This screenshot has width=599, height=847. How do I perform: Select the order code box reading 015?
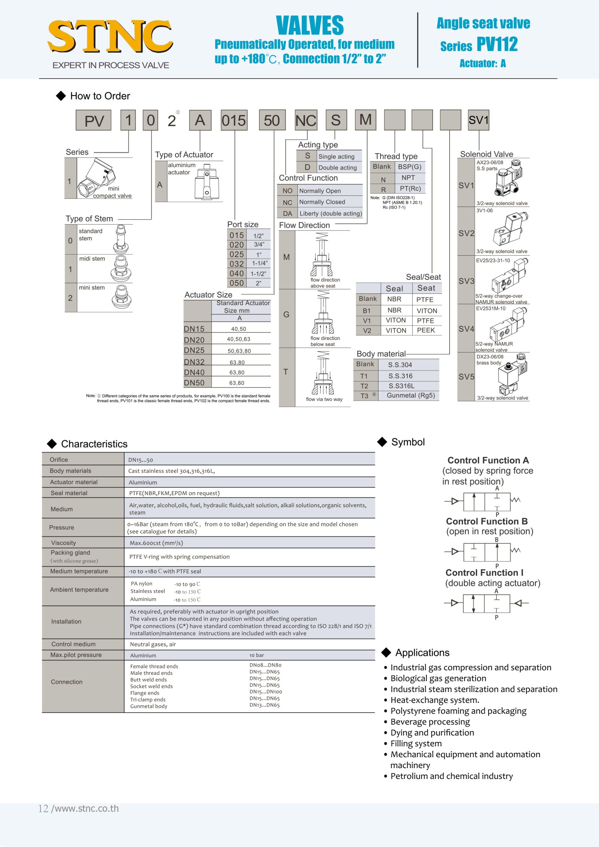click(234, 120)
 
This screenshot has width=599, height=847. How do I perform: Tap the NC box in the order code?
click(306, 120)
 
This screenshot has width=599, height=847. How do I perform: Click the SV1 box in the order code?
click(478, 120)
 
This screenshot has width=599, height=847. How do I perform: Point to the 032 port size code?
click(237, 264)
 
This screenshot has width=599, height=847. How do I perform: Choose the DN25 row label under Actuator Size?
click(194, 350)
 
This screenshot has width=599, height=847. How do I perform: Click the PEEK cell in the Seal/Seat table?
click(426, 330)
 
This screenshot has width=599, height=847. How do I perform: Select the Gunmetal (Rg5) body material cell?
click(411, 396)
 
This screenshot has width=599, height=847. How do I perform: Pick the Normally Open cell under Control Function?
click(320, 191)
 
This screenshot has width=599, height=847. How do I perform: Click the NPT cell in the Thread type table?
click(408, 178)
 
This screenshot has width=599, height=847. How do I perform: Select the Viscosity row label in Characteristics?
click(64, 543)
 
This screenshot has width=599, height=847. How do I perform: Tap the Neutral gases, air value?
click(153, 644)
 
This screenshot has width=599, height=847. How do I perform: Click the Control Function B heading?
click(487, 521)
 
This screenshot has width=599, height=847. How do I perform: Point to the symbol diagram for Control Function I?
click(486, 603)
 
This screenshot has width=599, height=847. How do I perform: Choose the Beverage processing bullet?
click(430, 722)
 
